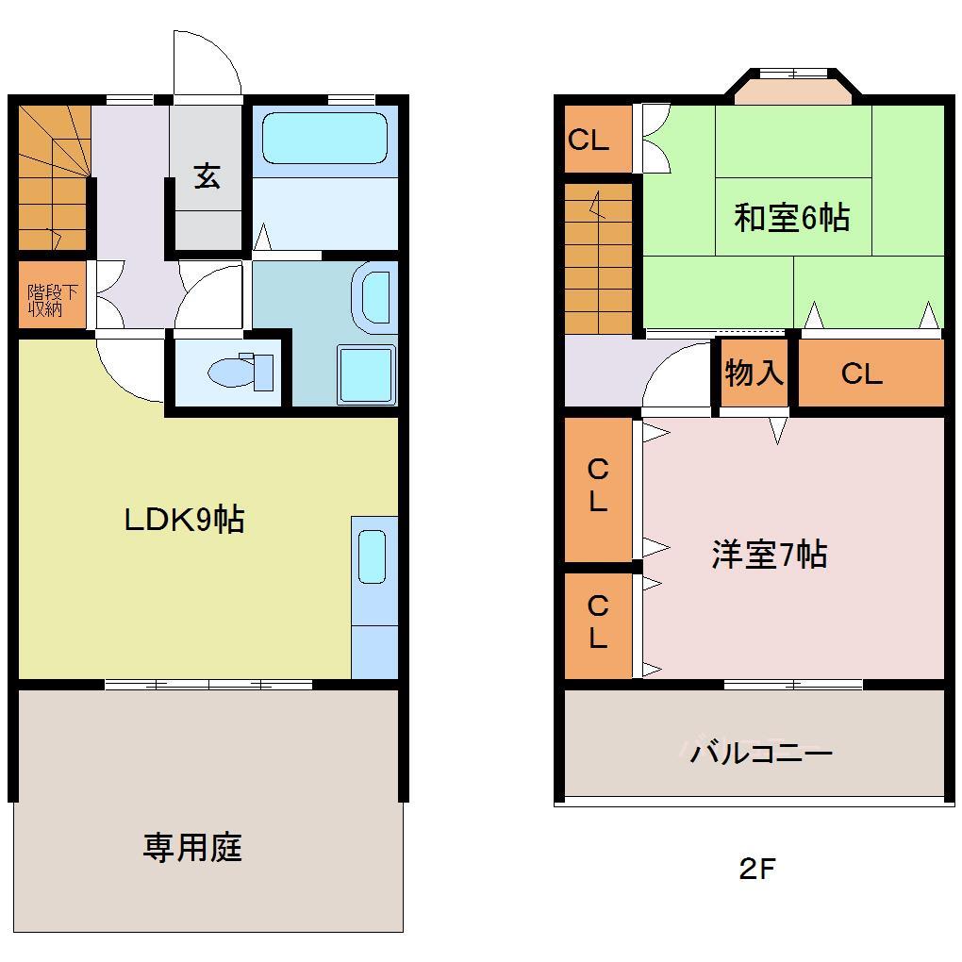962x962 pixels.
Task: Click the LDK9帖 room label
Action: (x=185, y=519)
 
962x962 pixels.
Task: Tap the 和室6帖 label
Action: (x=791, y=218)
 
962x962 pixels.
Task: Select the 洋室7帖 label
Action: (x=769, y=555)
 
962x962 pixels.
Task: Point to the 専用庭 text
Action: (x=192, y=847)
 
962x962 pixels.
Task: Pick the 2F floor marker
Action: (x=756, y=869)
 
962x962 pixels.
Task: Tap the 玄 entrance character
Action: (x=207, y=176)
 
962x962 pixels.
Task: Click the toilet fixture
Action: (x=240, y=371)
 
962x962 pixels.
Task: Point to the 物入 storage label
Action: (x=754, y=373)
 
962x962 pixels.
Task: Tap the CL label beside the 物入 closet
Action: (x=861, y=374)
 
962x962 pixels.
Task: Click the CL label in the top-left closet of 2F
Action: (x=588, y=141)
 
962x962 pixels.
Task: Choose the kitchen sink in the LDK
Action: (x=373, y=558)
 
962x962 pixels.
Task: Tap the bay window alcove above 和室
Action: (x=793, y=90)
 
